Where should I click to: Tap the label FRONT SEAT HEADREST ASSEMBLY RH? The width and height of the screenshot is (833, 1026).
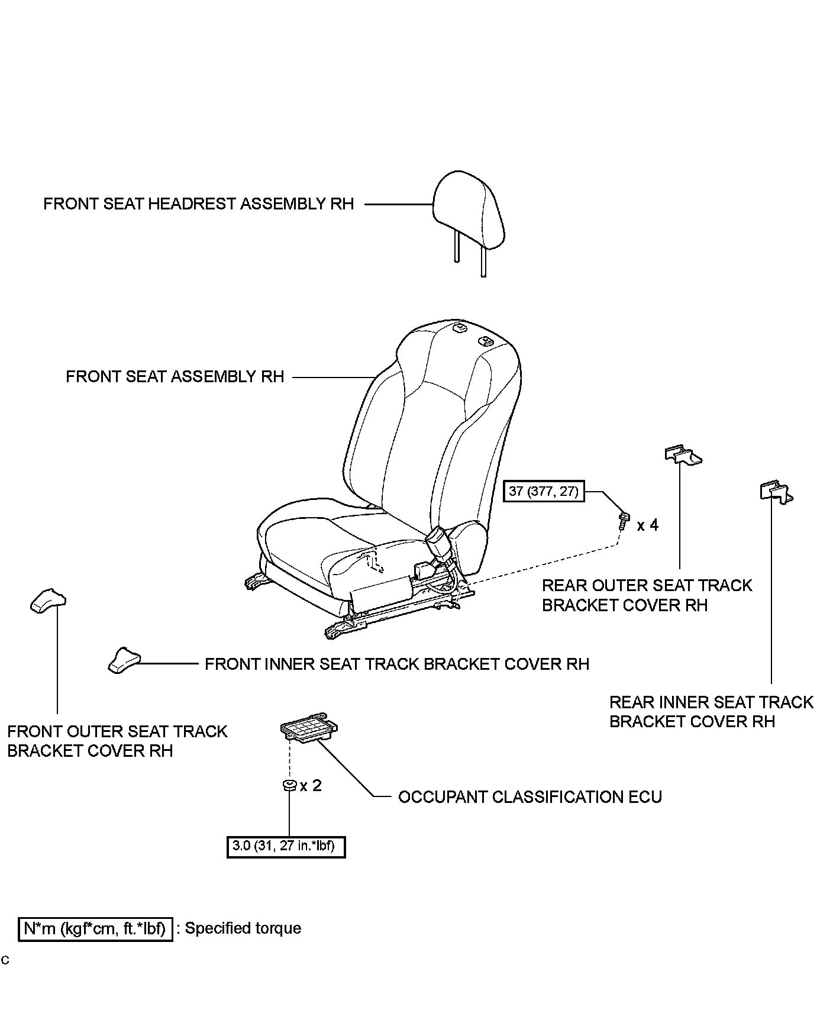198,204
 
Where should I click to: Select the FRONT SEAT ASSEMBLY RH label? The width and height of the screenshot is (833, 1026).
175,377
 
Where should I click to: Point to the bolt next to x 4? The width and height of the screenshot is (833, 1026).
624,521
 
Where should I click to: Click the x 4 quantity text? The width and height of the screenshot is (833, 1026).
648,525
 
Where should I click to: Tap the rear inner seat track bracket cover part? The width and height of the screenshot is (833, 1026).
775,491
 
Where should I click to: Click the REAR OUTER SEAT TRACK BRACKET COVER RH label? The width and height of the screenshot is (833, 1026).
646,596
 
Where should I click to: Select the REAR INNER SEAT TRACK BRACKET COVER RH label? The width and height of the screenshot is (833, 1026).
711,712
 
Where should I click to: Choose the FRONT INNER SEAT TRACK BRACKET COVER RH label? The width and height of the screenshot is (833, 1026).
397,664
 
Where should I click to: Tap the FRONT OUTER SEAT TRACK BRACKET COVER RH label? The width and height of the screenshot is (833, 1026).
117,741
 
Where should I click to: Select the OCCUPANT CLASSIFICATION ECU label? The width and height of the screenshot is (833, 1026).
529,797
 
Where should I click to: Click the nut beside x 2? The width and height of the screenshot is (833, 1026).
289,786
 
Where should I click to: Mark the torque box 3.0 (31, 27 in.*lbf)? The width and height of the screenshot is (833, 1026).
286,847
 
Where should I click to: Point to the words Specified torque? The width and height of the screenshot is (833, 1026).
243,928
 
